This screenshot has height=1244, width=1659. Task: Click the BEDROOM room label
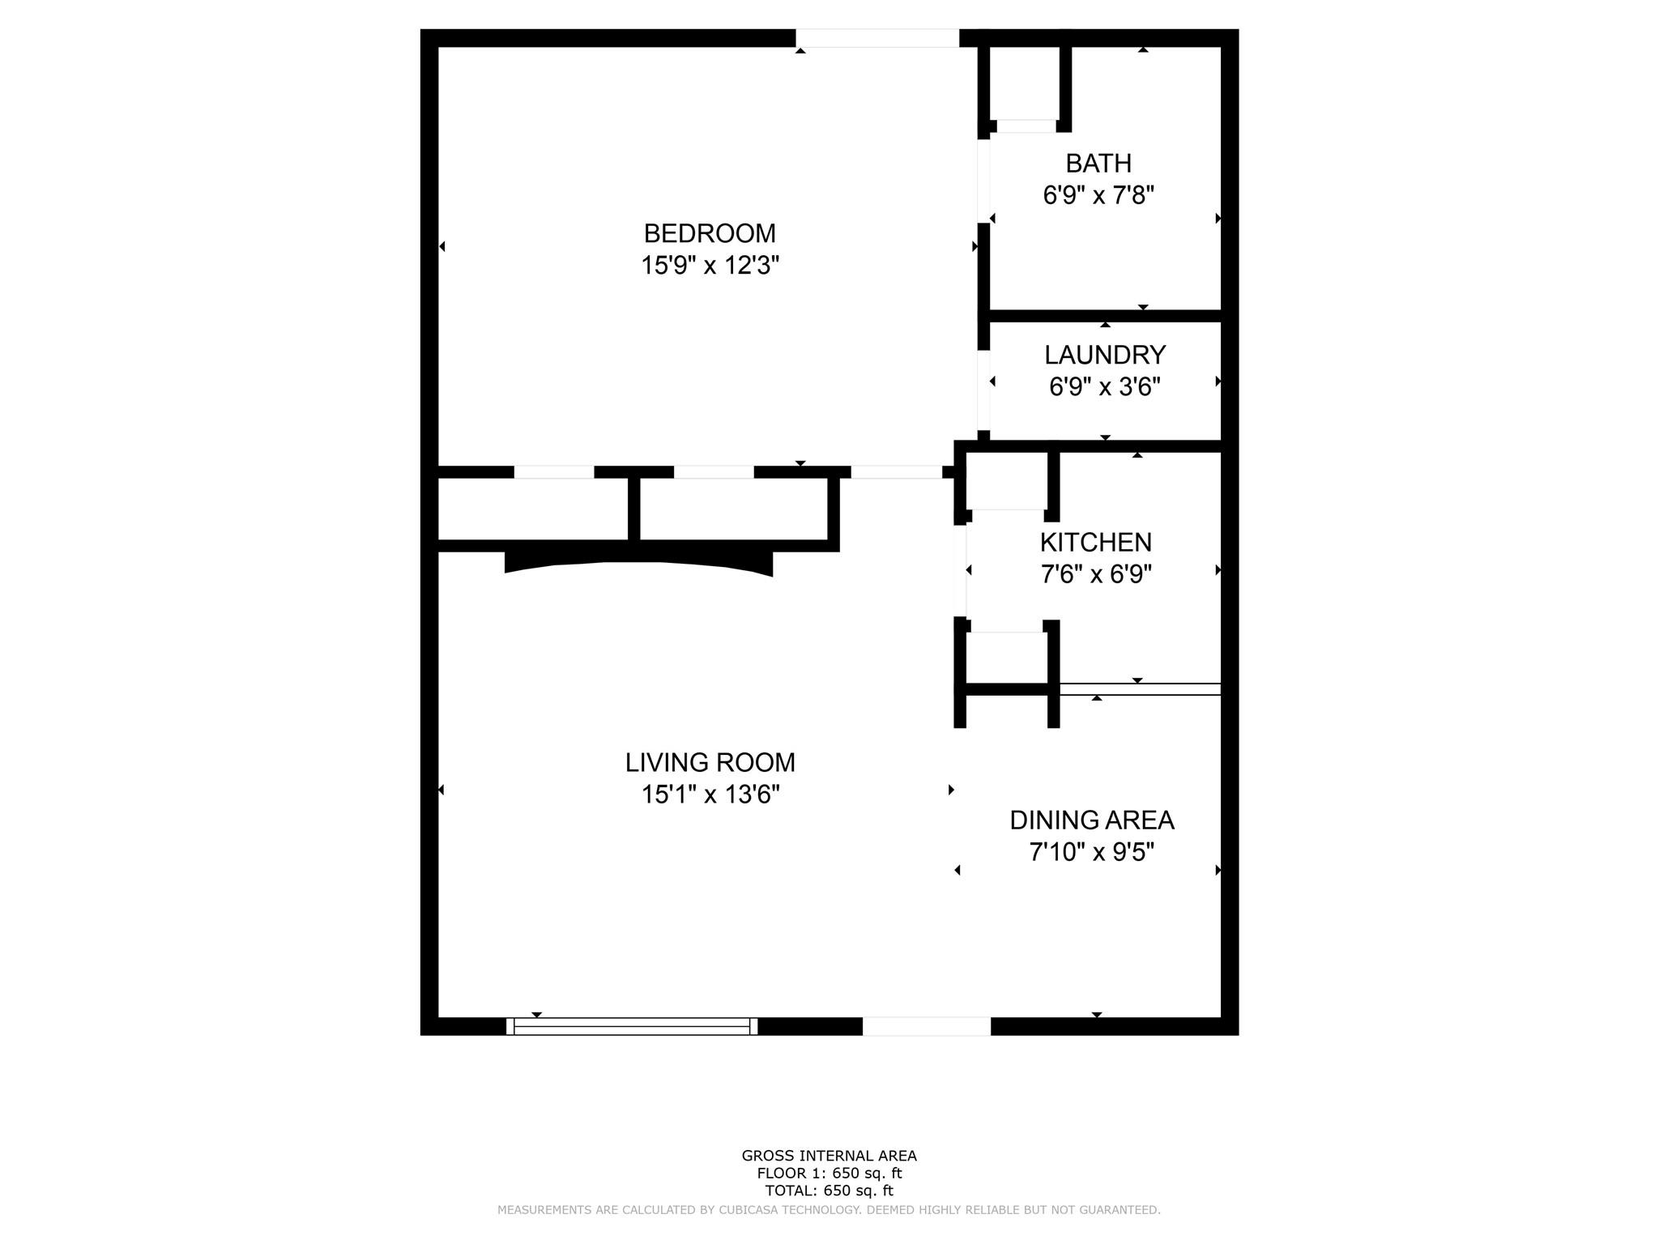click(x=710, y=233)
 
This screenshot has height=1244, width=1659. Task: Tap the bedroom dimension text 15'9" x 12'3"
click(x=710, y=266)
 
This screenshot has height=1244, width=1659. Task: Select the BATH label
click(x=1098, y=164)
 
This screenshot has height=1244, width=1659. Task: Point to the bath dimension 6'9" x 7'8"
click(x=1098, y=195)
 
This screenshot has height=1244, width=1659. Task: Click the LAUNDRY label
click(x=1105, y=355)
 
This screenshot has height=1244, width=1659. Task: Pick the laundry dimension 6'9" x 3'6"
click(x=1105, y=387)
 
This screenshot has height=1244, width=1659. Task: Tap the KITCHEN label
click(x=1096, y=542)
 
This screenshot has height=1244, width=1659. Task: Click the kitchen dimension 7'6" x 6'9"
click(x=1096, y=574)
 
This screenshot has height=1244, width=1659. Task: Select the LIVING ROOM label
click(x=710, y=762)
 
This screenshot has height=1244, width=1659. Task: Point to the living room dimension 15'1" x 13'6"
click(x=710, y=795)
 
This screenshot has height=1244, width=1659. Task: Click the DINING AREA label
click(x=1092, y=820)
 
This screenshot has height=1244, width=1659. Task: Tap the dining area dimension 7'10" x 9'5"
click(x=1092, y=853)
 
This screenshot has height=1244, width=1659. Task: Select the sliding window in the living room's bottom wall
click(x=632, y=1026)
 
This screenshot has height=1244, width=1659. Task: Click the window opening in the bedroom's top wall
click(x=877, y=38)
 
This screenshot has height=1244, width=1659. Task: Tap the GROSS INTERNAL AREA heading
click(x=829, y=1157)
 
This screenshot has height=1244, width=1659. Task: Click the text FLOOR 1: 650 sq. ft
click(x=829, y=1174)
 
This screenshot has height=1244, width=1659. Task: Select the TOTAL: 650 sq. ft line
click(x=829, y=1191)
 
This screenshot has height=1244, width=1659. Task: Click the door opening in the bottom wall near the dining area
click(x=927, y=1026)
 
